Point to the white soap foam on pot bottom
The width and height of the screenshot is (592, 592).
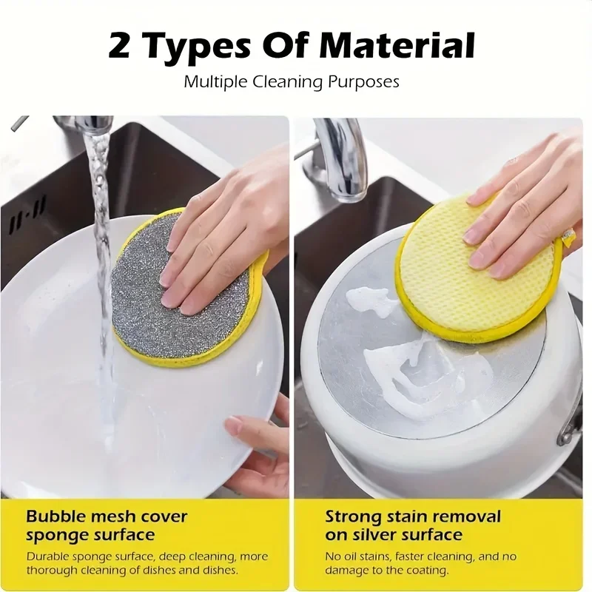point(414,370)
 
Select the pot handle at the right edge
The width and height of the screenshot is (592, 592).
point(573,425)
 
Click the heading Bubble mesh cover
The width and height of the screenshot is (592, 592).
point(107,516)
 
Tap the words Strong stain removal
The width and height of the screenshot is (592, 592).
point(413,516)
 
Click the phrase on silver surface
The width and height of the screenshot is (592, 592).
point(394,534)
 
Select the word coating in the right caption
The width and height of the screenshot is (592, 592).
point(425,571)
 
